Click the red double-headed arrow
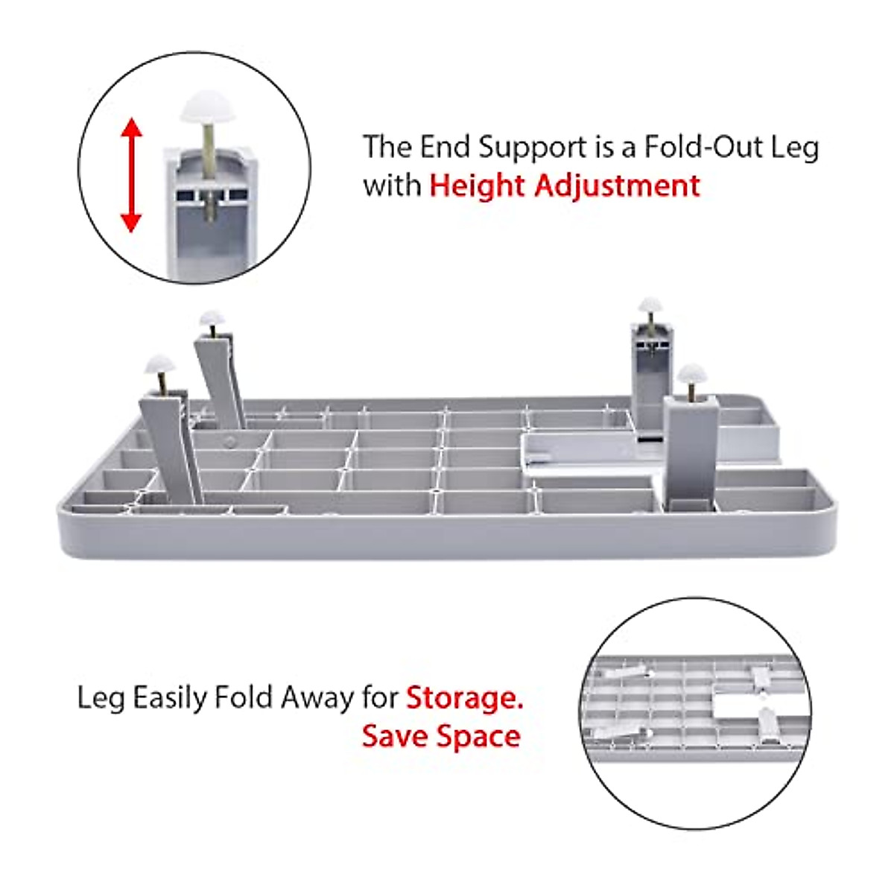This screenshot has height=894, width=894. coord(131,175)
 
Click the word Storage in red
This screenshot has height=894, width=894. coord(464,698)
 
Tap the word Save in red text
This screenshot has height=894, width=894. coord(394,736)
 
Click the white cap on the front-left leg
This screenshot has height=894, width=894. coord(159,366)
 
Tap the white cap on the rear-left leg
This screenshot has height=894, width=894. coord(212,317)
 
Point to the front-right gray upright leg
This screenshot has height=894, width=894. coord(691,451)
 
